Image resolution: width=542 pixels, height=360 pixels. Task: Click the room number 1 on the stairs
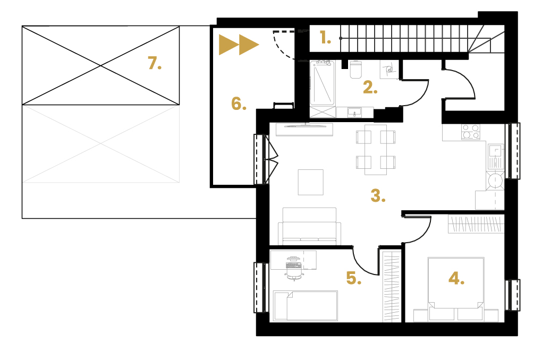325,38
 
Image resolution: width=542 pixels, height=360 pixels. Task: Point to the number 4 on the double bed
456,278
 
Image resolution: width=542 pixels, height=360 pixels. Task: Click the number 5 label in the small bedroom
353,278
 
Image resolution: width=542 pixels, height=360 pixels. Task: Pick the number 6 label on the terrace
239,104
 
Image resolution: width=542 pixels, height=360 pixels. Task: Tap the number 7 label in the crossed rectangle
155,63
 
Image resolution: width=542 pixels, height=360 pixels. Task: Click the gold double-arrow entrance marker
239,45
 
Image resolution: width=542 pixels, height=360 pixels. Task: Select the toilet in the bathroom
355,70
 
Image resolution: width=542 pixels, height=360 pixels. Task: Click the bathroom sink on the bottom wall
354,112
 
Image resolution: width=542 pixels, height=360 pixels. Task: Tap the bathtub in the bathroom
322,83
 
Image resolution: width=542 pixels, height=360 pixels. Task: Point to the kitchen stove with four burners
470,132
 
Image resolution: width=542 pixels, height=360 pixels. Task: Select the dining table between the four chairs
376,150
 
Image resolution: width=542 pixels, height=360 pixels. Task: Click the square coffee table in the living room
311,182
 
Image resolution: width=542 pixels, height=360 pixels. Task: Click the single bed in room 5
305,306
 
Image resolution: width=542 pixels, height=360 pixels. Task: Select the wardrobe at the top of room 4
476,224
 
